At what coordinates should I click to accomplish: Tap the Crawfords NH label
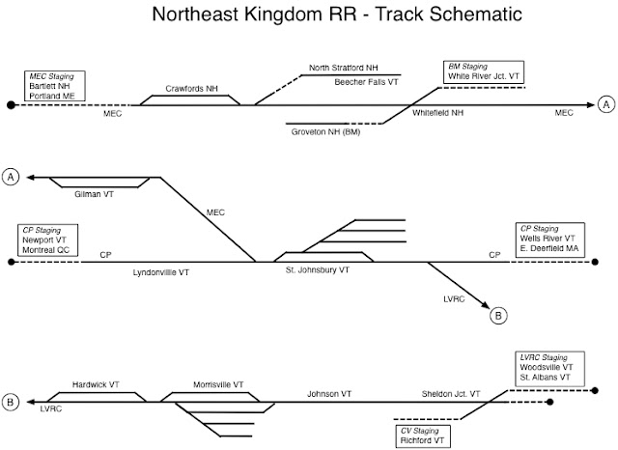[191, 89]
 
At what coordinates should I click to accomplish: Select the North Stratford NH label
[344, 68]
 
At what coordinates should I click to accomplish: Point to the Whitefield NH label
[437, 113]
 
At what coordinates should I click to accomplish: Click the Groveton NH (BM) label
[326, 132]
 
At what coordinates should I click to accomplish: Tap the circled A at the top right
[606, 104]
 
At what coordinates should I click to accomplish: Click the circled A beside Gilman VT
[11, 177]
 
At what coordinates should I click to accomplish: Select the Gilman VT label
[94, 194]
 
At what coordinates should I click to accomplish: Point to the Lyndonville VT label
[161, 272]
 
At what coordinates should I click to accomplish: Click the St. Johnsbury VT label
[318, 270]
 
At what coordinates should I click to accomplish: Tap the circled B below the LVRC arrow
[498, 316]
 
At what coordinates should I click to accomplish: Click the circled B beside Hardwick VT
[11, 403]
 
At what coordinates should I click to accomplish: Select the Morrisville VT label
[218, 384]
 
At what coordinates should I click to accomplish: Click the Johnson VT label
[329, 394]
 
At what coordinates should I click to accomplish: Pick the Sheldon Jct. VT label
[451, 394]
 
